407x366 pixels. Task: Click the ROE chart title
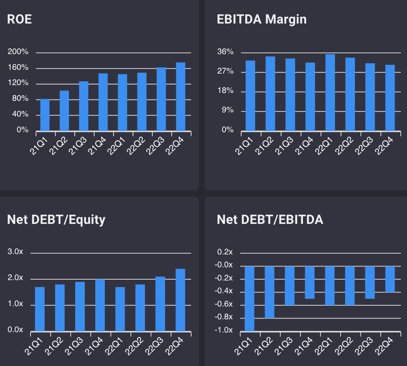click(19, 19)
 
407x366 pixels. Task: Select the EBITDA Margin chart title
click(262, 19)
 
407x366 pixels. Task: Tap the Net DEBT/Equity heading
click(56, 220)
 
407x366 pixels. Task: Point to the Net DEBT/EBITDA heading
click(270, 220)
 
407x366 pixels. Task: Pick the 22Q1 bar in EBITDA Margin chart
click(330, 93)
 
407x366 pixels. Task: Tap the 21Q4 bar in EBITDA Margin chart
click(310, 97)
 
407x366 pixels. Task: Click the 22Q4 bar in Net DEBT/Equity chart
click(180, 300)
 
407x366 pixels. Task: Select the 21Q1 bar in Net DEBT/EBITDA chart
click(249, 299)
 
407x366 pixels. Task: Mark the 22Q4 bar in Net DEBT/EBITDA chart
click(390, 279)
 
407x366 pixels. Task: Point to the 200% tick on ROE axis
click(18, 52)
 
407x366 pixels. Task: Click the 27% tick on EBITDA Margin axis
click(225, 71)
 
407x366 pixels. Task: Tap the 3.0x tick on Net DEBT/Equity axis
click(15, 252)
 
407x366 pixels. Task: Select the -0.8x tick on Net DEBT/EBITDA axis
click(225, 317)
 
